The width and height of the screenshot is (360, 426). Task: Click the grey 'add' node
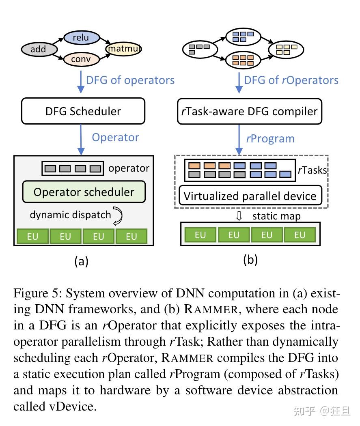click(x=39, y=49)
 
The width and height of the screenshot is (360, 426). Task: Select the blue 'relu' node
click(x=81, y=38)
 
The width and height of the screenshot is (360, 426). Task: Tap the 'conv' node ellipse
click(x=81, y=59)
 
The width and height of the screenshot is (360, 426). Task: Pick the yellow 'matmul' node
click(x=123, y=49)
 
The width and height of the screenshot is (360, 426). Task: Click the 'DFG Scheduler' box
click(x=83, y=111)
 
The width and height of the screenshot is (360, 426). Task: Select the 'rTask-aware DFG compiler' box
click(x=250, y=111)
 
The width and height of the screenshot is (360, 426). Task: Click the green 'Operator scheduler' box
click(x=84, y=191)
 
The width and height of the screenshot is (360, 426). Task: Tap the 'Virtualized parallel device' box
click(x=250, y=196)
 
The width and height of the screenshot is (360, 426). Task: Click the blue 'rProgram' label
click(x=270, y=138)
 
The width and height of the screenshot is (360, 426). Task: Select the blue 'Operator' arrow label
click(x=115, y=137)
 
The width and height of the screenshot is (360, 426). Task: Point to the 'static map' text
click(x=276, y=216)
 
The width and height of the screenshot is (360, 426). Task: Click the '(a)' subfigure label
click(x=81, y=261)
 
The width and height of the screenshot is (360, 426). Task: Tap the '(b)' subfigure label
click(x=250, y=259)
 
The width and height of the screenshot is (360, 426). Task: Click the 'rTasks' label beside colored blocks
click(x=312, y=170)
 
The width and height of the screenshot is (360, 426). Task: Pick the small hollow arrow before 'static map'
click(x=239, y=216)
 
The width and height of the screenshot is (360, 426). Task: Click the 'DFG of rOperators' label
click(x=291, y=80)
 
